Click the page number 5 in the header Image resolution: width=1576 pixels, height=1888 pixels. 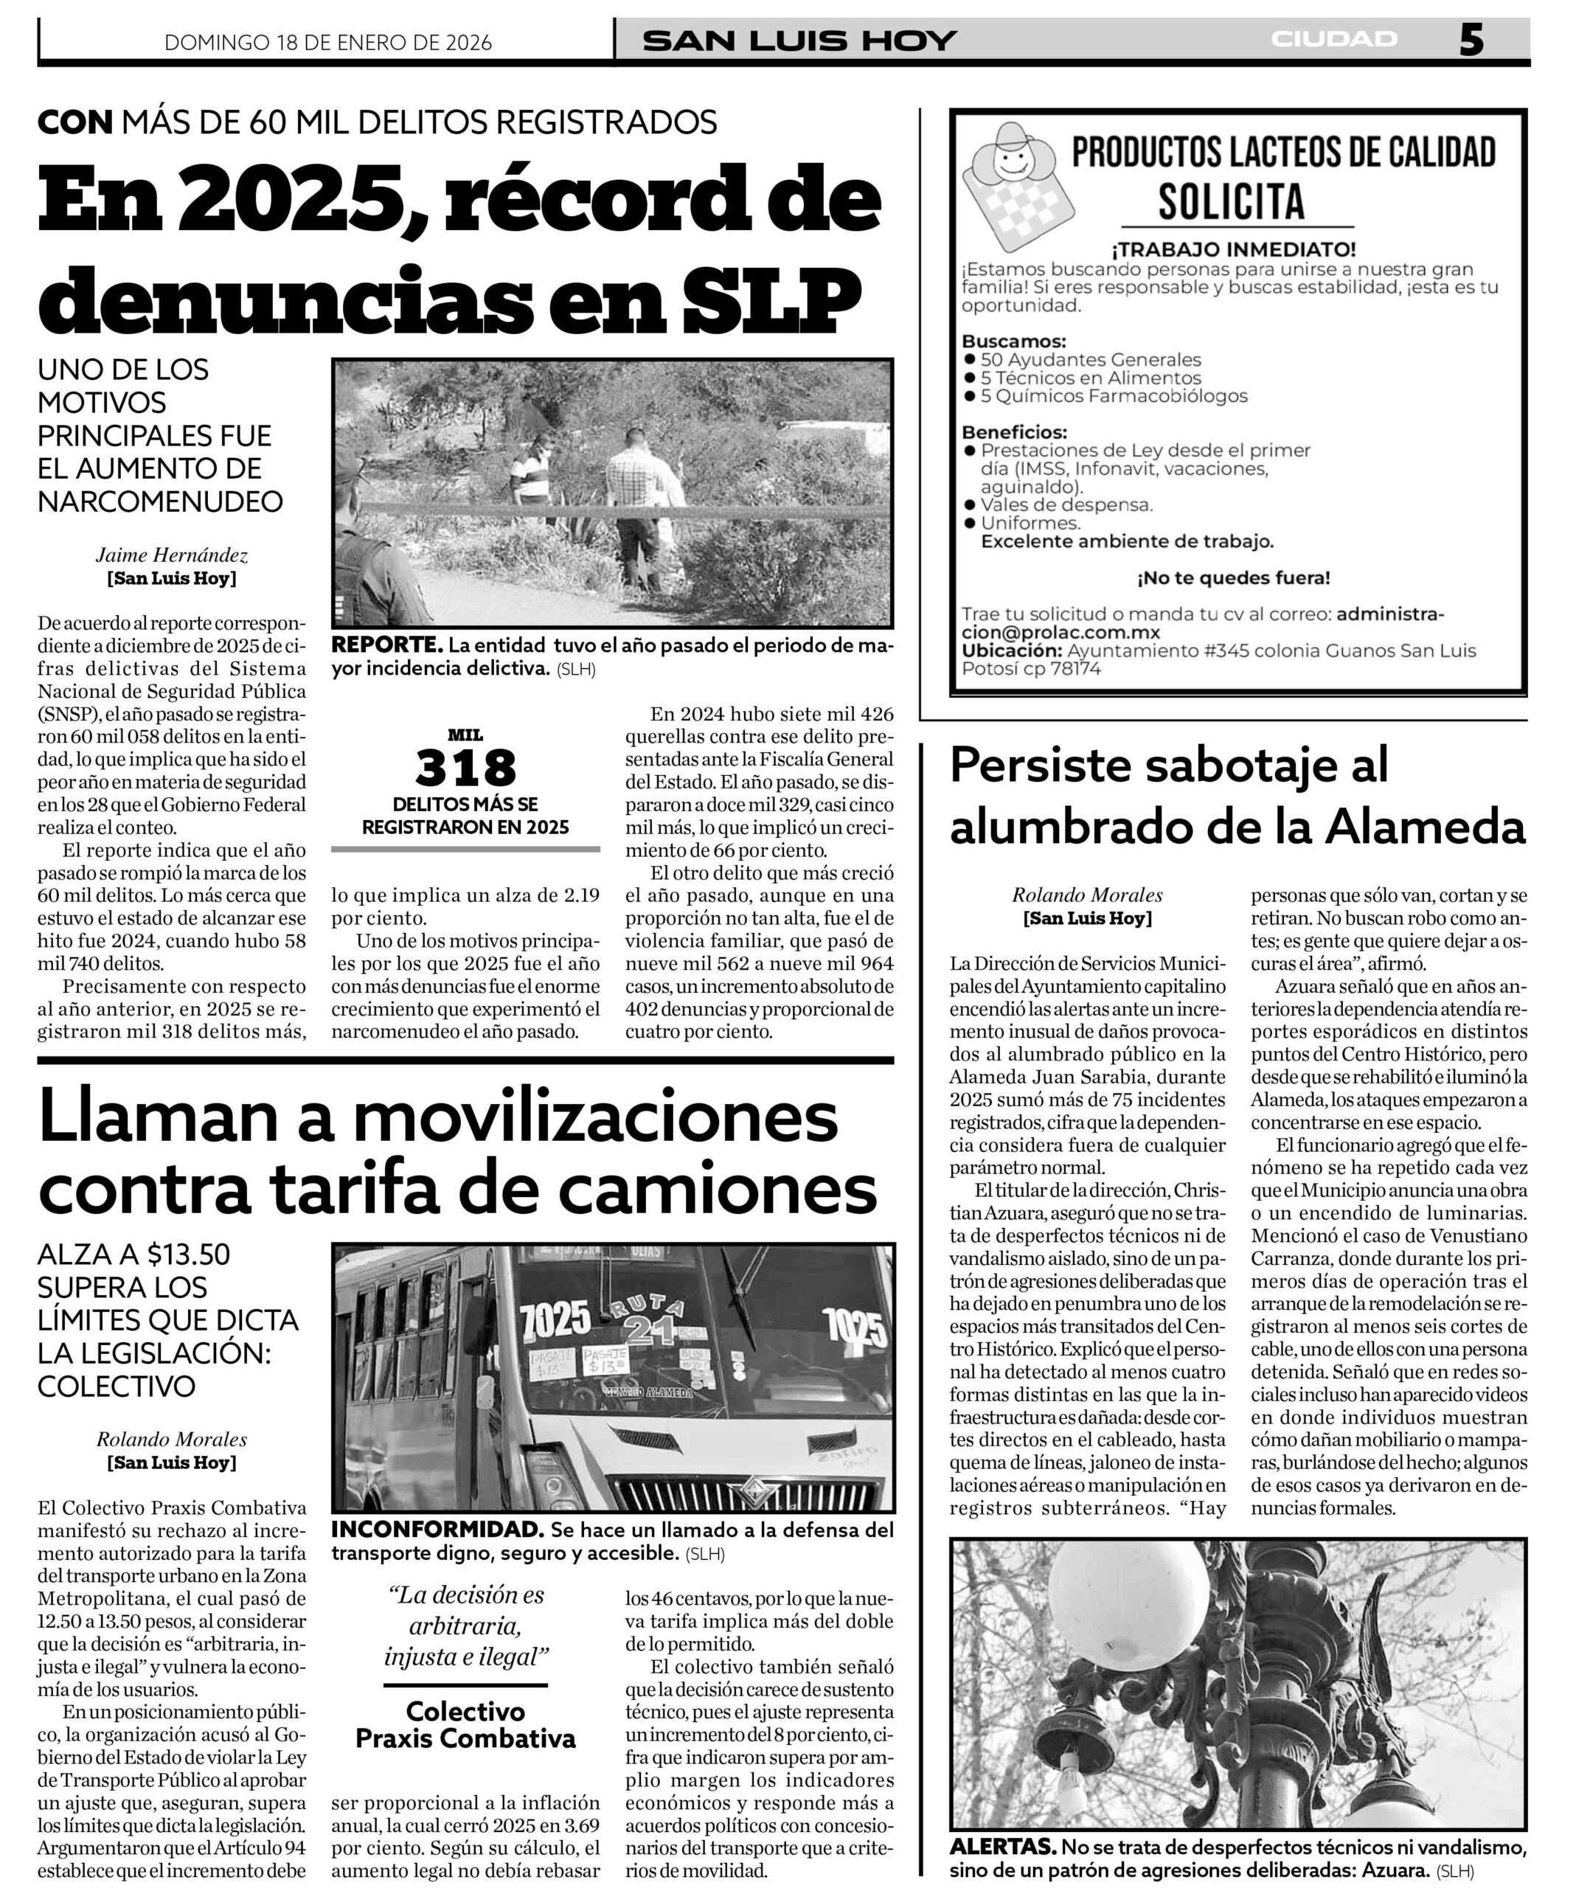tap(1470, 41)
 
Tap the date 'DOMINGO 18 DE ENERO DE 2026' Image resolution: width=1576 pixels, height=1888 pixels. tap(328, 42)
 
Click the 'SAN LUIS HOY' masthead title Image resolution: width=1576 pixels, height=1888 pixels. tap(799, 41)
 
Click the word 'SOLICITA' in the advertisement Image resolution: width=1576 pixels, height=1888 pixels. tap(1231, 201)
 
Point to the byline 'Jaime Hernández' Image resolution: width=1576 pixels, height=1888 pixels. tap(172, 555)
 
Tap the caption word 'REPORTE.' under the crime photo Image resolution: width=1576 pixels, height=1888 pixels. tap(386, 645)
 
